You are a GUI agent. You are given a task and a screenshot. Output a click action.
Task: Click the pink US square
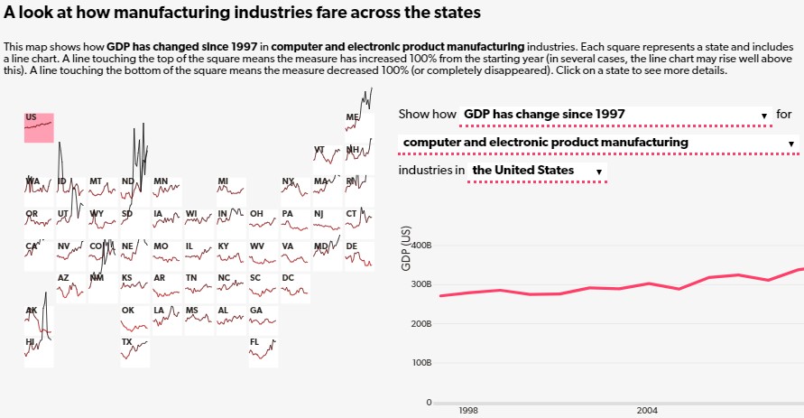(x=39, y=127)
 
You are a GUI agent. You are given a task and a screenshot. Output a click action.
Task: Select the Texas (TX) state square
(x=135, y=351)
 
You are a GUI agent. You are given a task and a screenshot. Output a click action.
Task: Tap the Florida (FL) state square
(x=263, y=351)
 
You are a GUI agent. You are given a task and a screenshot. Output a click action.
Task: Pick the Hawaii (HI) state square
(x=39, y=351)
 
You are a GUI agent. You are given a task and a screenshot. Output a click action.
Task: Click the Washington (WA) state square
(x=39, y=190)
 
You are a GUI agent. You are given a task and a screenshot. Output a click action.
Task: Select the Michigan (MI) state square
(x=231, y=190)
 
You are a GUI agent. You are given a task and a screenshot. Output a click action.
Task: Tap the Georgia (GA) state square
(x=263, y=320)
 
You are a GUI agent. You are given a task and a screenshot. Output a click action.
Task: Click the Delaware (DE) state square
(x=359, y=255)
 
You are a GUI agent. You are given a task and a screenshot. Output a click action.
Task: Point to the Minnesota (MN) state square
(x=167, y=190)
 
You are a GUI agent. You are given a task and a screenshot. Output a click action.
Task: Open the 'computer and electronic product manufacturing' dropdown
(x=599, y=143)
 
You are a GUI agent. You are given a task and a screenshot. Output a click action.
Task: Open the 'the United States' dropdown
(x=538, y=171)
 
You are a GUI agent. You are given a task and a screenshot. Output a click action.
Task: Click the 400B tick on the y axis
(x=421, y=245)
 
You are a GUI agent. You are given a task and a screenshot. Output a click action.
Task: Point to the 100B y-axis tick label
(x=421, y=363)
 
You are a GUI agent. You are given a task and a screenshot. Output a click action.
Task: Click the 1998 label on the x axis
(x=467, y=410)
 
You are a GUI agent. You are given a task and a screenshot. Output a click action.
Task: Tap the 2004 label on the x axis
(x=647, y=410)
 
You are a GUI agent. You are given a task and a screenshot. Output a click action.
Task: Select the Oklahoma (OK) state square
(x=135, y=320)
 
